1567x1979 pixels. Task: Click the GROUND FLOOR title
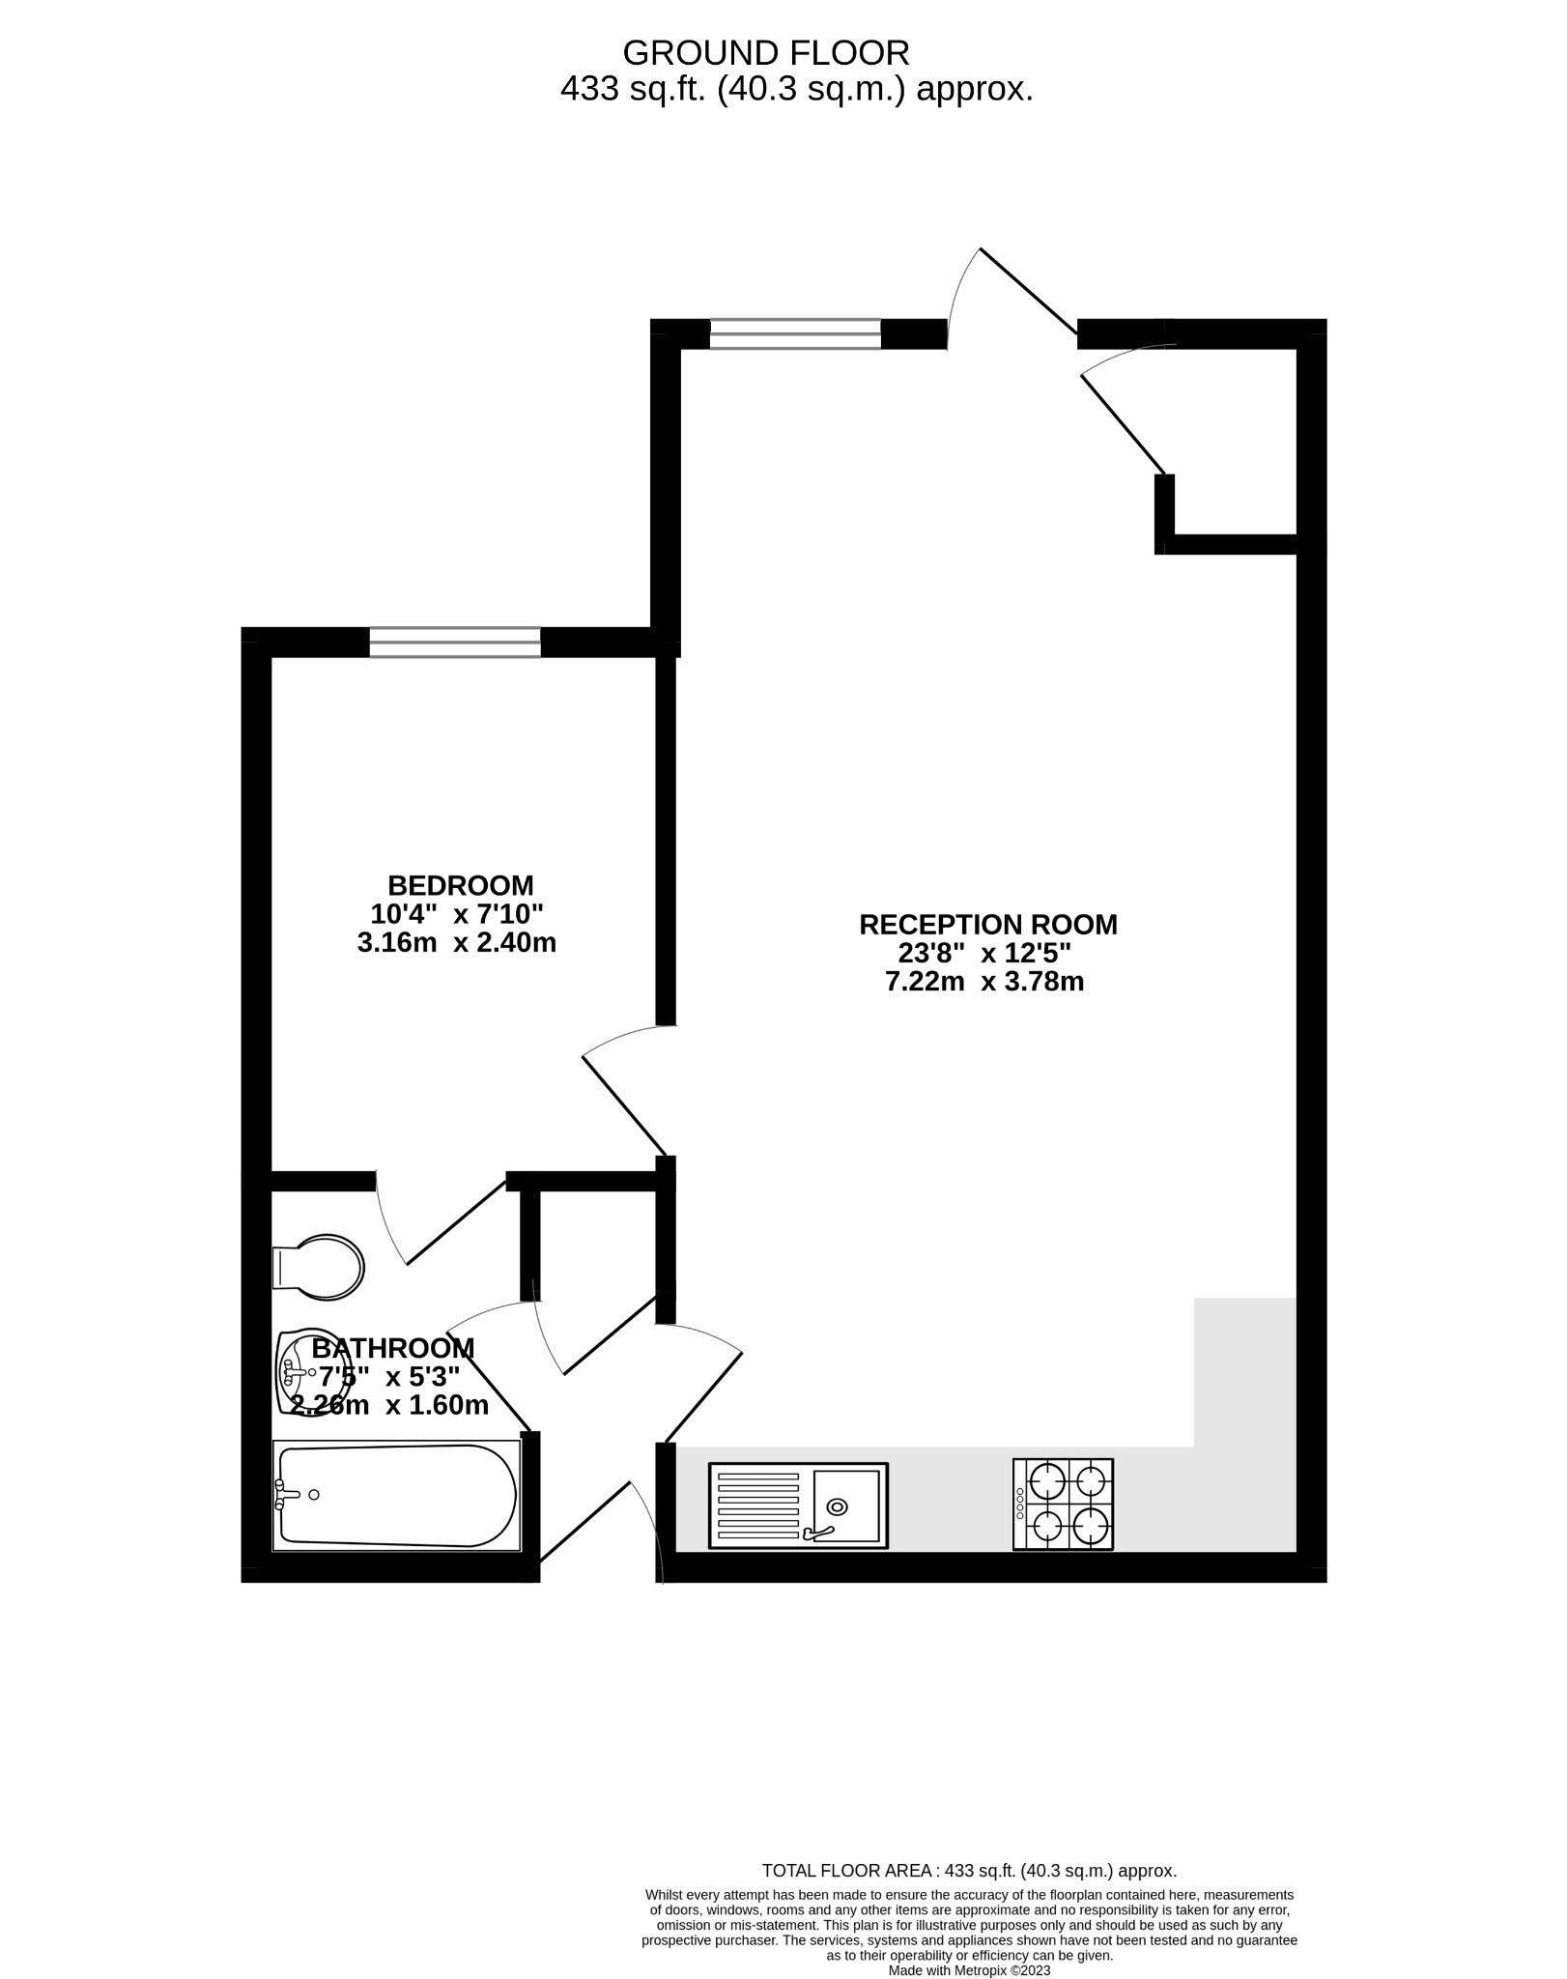(765, 51)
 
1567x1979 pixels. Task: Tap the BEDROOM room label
(460, 885)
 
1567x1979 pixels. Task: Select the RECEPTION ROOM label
(987, 925)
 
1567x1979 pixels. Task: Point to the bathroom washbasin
(296, 1371)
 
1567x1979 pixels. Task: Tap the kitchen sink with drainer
(798, 1505)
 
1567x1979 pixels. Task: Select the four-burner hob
(1063, 1505)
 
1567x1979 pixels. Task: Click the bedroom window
(454, 643)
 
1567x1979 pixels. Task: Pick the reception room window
(795, 333)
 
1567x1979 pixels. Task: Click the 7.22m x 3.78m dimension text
(984, 983)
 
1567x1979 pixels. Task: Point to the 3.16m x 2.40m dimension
(457, 943)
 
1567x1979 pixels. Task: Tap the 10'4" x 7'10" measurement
(457, 914)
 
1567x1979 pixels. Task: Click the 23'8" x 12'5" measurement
(984, 954)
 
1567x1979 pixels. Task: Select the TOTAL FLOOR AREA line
(969, 1871)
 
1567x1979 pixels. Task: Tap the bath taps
(286, 1495)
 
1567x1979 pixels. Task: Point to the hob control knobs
(1020, 1505)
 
